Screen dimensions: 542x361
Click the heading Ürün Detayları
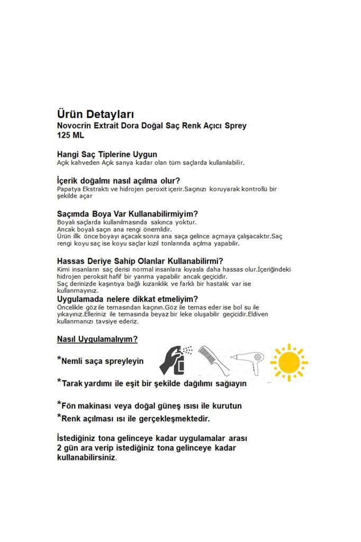pos(95,114)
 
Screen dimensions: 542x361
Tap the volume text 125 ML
pos(70,135)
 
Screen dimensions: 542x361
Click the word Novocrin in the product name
pos(75,126)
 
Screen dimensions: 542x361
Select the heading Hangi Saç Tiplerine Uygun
pos(107,155)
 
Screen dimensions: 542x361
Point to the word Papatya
pos(68,188)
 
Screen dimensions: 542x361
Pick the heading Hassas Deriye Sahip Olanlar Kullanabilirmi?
pos(140,261)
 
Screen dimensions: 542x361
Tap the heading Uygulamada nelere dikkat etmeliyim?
pos(127,299)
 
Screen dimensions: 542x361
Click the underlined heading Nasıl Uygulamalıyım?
pos(97,339)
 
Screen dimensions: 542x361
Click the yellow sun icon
pos(289,363)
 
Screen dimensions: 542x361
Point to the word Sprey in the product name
pos(236,126)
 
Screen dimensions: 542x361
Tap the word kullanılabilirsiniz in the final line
pos(85,457)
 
